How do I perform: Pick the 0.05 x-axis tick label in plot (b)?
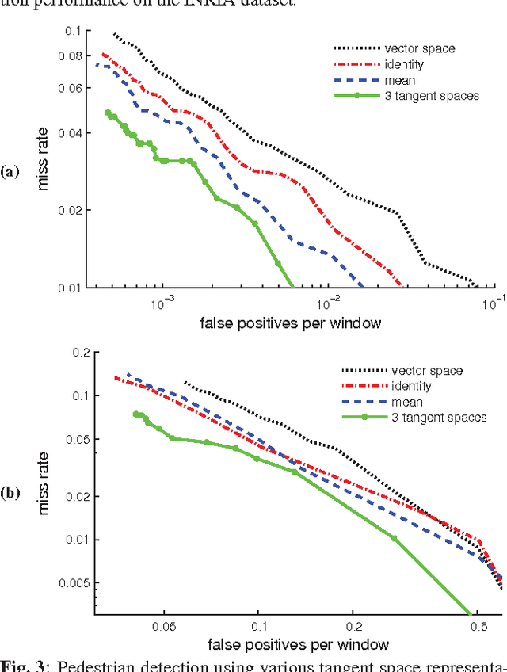(x=163, y=625)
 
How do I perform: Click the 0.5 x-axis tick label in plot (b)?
(x=478, y=625)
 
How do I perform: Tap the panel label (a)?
(x=10, y=170)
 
